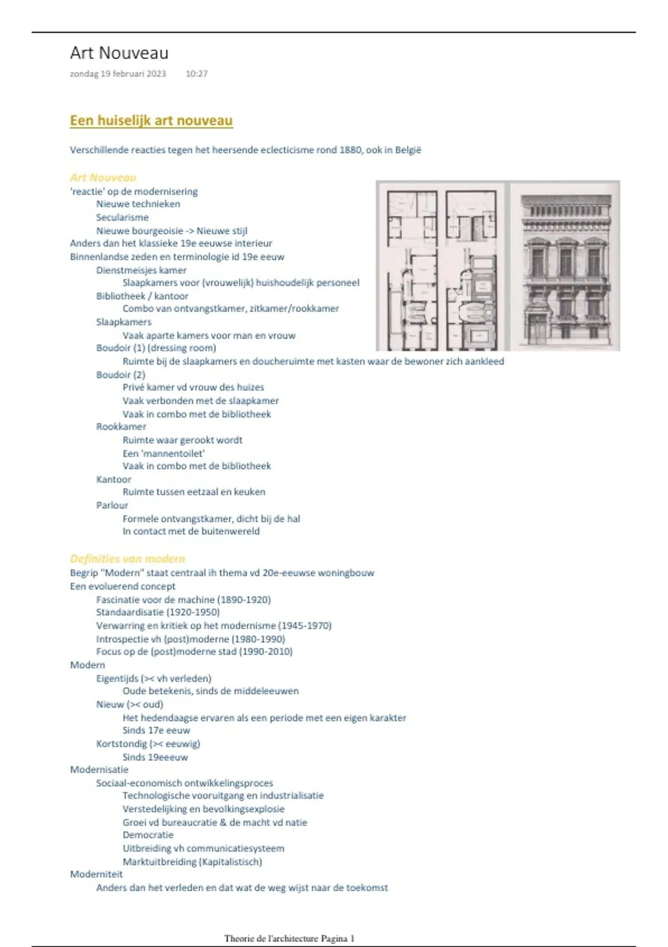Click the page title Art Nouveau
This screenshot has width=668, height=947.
coord(119,53)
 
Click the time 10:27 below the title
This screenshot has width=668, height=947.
coord(197,74)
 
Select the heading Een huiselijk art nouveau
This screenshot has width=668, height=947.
coord(151,120)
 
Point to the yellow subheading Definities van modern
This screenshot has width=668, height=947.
coord(127,559)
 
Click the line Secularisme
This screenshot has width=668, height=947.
coord(122,217)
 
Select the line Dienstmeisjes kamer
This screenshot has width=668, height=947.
coord(141,270)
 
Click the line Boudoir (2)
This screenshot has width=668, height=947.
coord(120,374)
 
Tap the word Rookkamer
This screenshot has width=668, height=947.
coord(121,427)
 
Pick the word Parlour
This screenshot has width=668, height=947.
coord(112,505)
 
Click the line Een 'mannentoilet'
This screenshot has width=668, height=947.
coord(164,453)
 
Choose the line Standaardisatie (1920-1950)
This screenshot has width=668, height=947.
coord(158,612)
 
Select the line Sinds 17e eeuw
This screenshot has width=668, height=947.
coord(156,730)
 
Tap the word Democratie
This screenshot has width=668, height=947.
coord(148,835)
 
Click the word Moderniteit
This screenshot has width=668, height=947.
coord(96,874)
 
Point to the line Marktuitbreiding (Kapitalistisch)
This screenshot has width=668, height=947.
coord(192,862)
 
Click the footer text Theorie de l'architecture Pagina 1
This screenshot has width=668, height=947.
coord(289,939)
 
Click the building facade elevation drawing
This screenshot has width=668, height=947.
coord(564,266)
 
